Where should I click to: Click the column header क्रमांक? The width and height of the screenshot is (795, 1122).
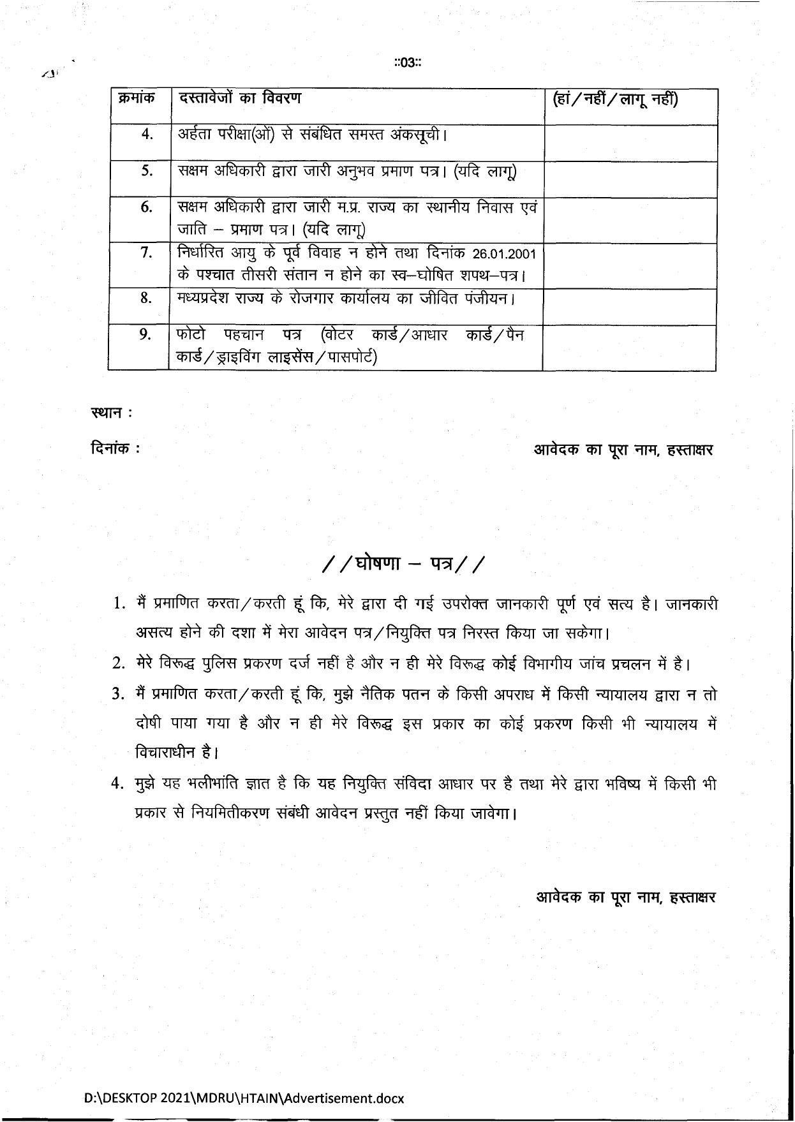click(x=137, y=100)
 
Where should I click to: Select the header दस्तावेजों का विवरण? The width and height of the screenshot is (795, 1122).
click(x=240, y=99)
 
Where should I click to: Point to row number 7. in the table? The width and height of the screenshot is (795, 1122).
click(x=147, y=254)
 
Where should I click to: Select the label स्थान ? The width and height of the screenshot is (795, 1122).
click(x=112, y=413)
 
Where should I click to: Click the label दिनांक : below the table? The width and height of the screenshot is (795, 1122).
click(x=115, y=448)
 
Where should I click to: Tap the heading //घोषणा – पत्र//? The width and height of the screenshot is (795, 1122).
click(x=405, y=565)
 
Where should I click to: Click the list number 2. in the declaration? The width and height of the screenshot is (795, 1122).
click(x=117, y=664)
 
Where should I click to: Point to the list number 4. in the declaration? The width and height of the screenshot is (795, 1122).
click(x=117, y=784)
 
